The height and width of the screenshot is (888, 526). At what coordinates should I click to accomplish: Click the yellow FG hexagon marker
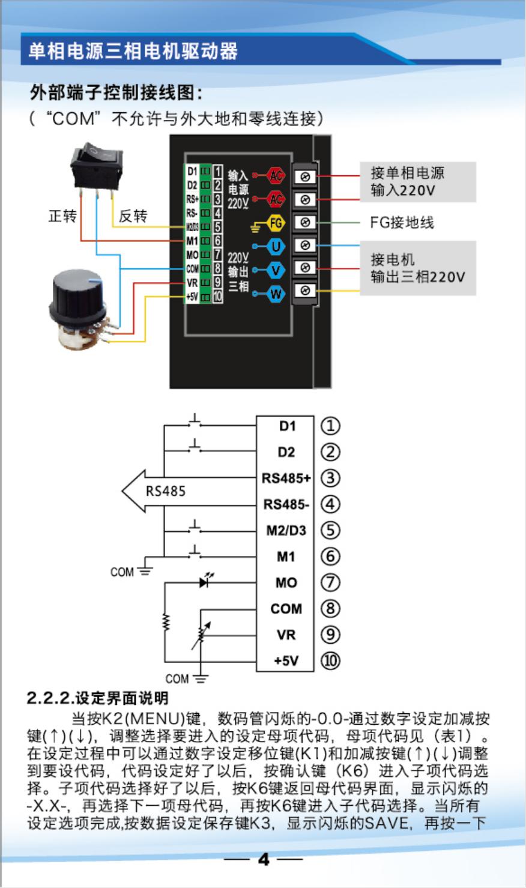tap(276, 223)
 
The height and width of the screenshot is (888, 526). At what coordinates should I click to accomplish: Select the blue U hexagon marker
tap(276, 246)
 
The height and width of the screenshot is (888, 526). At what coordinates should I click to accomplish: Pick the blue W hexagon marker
tap(276, 294)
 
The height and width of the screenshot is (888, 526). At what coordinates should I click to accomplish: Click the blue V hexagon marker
tap(276, 270)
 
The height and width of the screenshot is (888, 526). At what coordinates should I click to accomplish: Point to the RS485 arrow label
tap(166, 491)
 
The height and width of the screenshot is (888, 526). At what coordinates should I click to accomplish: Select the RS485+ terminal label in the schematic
tap(286, 479)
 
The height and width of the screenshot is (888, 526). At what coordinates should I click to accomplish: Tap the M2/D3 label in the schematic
tap(286, 531)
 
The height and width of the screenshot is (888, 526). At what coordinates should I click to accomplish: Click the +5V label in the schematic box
tap(286, 660)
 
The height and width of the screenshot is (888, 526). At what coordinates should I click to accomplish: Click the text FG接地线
tap(401, 223)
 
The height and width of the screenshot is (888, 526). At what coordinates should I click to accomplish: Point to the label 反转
tap(133, 216)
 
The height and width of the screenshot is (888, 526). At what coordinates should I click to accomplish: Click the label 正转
tap(62, 216)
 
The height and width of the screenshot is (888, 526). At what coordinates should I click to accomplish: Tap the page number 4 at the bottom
tap(264, 860)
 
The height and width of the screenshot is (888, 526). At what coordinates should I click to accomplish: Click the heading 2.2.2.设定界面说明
tap(98, 698)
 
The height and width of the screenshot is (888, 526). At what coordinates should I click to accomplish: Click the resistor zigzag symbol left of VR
tap(166, 621)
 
